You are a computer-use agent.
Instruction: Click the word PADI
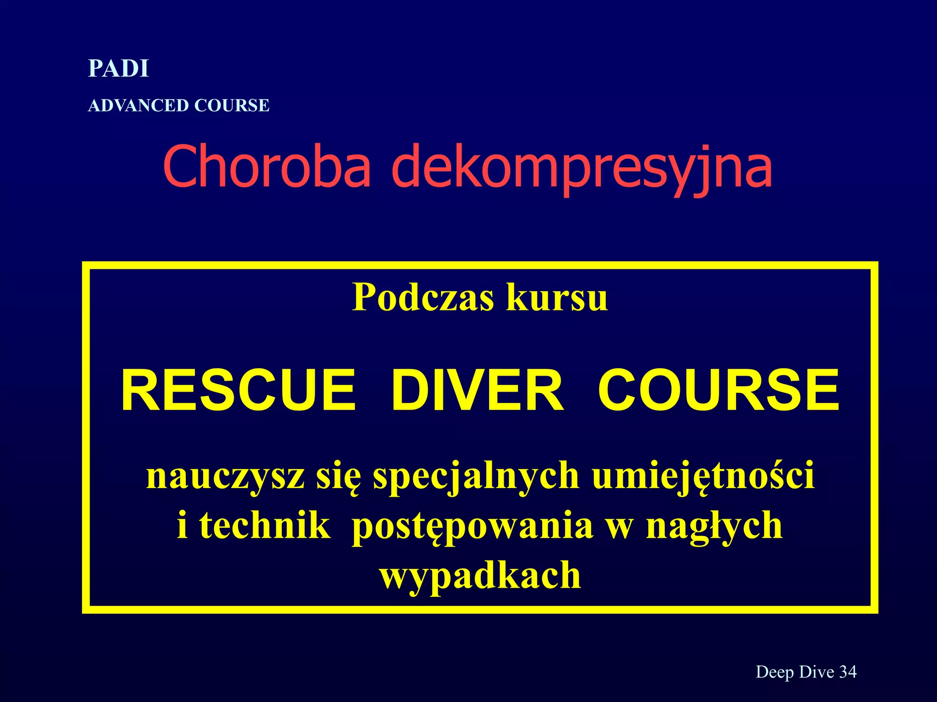coord(118,69)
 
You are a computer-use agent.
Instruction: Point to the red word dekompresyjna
coord(582,168)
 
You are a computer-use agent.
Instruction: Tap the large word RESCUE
coord(238,391)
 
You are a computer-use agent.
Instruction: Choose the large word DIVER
coord(477,391)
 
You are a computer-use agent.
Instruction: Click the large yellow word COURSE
coord(719,391)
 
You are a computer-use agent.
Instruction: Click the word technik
coord(264,526)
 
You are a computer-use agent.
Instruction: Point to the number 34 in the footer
coord(848,672)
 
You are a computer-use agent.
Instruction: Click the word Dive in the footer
coord(816,672)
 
